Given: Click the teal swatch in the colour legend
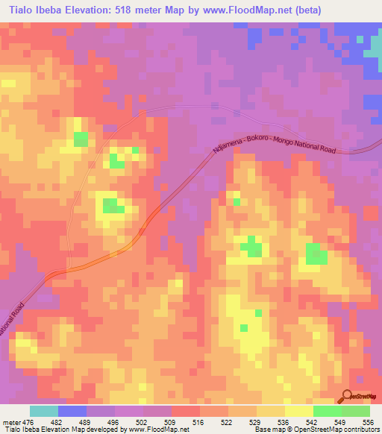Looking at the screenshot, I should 44,411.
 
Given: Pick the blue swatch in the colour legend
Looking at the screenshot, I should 72,411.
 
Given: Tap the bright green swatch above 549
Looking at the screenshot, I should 328,411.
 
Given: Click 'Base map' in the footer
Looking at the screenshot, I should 268,430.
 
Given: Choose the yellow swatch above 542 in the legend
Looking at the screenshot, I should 299,411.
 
